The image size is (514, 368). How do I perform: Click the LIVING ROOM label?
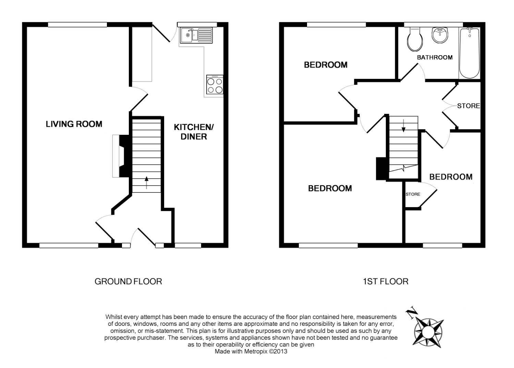point(74,124)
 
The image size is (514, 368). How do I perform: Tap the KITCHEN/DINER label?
point(194,132)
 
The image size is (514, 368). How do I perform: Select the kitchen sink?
point(196,35)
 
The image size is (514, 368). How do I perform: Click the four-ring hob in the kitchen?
point(215,85)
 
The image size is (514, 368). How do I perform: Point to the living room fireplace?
point(120,156)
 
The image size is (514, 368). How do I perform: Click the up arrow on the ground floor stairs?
point(147,182)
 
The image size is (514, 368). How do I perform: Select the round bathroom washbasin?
point(440,35)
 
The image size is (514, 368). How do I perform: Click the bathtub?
point(469,53)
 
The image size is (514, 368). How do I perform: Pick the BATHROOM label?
point(435,57)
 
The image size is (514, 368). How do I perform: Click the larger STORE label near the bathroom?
point(468,106)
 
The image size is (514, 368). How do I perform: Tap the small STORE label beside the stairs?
point(413,194)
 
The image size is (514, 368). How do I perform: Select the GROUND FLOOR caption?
point(128,282)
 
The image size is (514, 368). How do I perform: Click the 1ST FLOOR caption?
point(385,282)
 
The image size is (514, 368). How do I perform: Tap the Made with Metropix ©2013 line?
point(251,352)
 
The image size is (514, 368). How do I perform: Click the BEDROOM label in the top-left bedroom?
point(326,65)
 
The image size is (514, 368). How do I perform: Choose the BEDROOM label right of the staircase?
point(451,177)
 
